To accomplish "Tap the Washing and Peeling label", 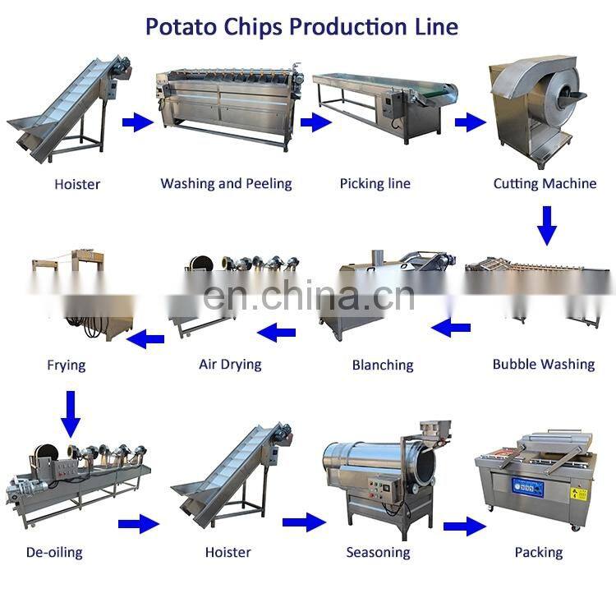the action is (226, 184).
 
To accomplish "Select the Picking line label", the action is (375, 184).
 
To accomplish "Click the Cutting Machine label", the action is (545, 184).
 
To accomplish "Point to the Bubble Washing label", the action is (544, 364).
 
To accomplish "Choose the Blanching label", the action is (383, 365).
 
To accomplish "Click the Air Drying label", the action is (230, 364).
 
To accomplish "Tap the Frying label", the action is (67, 364).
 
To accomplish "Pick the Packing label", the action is (539, 552).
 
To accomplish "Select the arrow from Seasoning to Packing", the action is (464, 526).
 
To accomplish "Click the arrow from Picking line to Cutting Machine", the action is (470, 123).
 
